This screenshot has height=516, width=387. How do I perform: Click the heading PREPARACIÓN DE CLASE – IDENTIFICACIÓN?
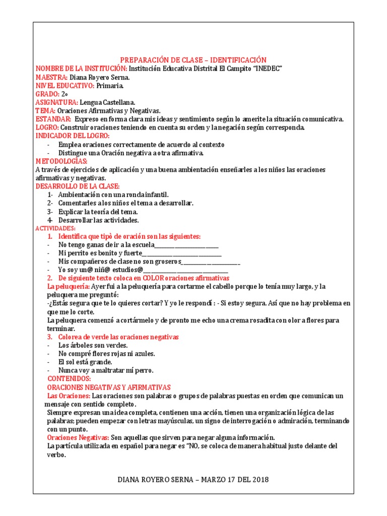click(193, 60)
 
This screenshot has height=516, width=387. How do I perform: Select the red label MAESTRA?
click(51, 77)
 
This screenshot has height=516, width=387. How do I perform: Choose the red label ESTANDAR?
click(53, 119)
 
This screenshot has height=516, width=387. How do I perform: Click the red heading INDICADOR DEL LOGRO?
click(73, 136)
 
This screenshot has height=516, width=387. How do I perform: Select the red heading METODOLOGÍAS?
click(61, 161)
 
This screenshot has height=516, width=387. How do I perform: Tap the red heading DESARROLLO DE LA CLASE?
click(78, 186)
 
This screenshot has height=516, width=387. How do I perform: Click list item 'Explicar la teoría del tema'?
click(98, 212)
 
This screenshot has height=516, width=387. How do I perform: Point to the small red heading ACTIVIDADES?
click(55, 229)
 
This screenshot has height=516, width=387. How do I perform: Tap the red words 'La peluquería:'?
click(68, 286)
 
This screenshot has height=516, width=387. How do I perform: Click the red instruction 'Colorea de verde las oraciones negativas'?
click(118, 337)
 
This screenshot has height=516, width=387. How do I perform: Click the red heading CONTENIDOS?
click(69, 378)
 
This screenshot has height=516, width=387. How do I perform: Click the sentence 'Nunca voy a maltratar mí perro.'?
click(106, 370)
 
